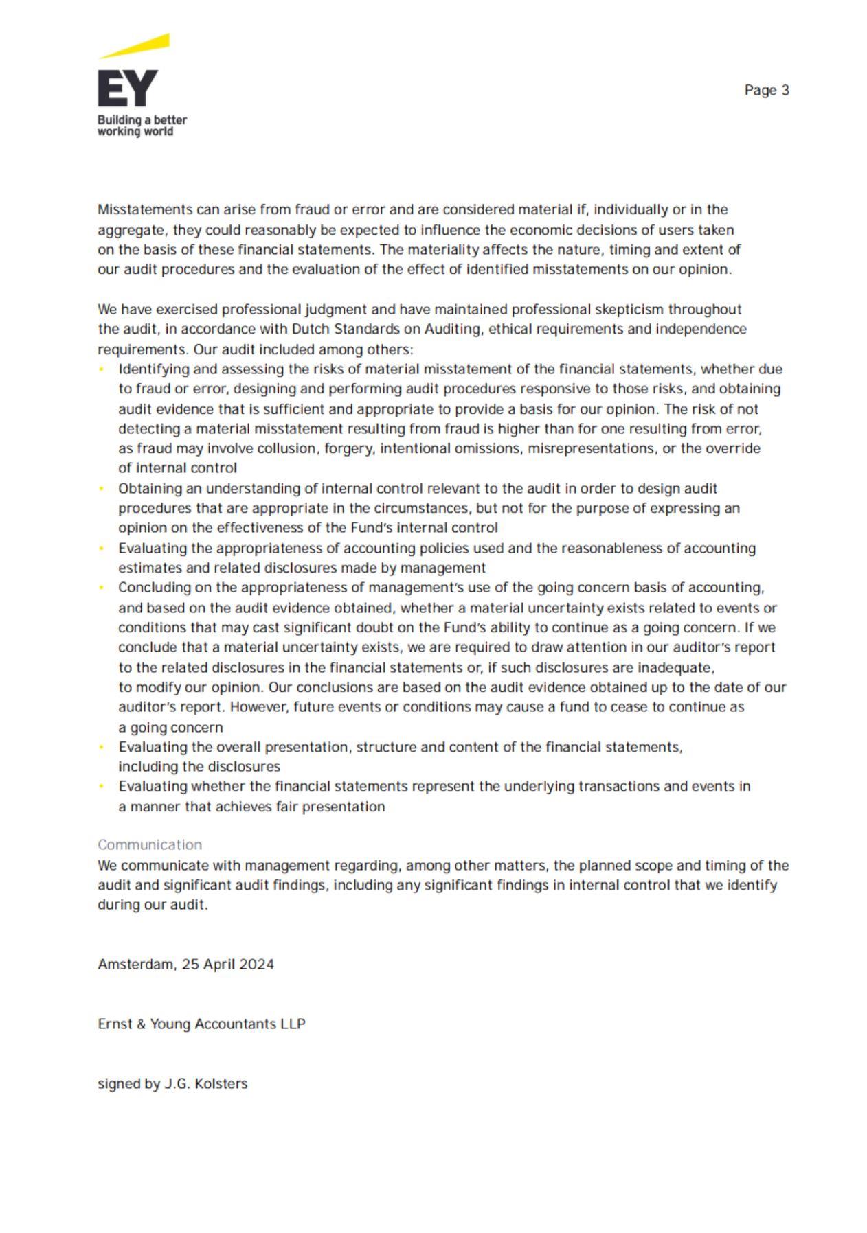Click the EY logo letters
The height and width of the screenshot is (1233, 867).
pos(128,88)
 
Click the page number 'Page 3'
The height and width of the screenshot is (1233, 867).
pos(766,90)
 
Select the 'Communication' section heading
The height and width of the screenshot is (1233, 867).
pos(150,844)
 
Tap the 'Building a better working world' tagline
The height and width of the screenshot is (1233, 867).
pos(142,125)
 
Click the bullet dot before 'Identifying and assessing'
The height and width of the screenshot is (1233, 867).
pos(102,369)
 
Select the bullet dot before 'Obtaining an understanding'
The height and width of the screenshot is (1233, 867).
pos(102,489)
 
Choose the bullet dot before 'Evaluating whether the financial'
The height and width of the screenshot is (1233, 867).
pos(102,787)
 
